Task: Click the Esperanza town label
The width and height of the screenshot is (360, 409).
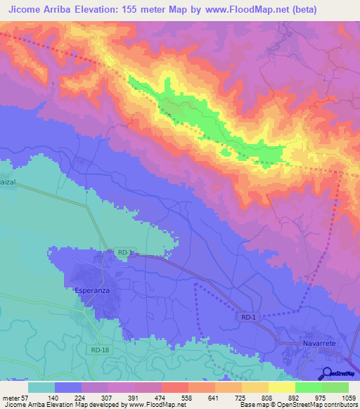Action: click(x=94, y=289)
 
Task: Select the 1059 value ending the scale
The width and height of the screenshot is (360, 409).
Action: click(x=347, y=397)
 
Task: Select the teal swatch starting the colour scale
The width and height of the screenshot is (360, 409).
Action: click(x=41, y=387)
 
